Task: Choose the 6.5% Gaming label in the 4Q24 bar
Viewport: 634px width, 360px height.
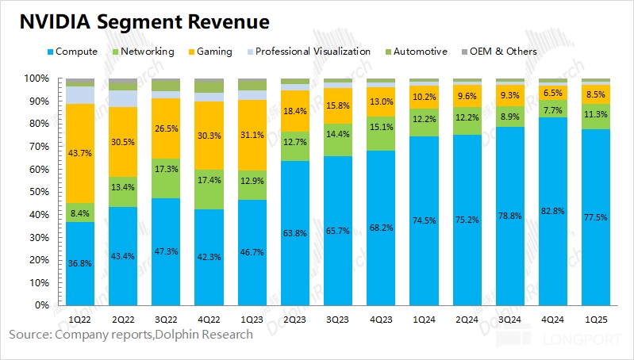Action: tap(553, 92)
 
